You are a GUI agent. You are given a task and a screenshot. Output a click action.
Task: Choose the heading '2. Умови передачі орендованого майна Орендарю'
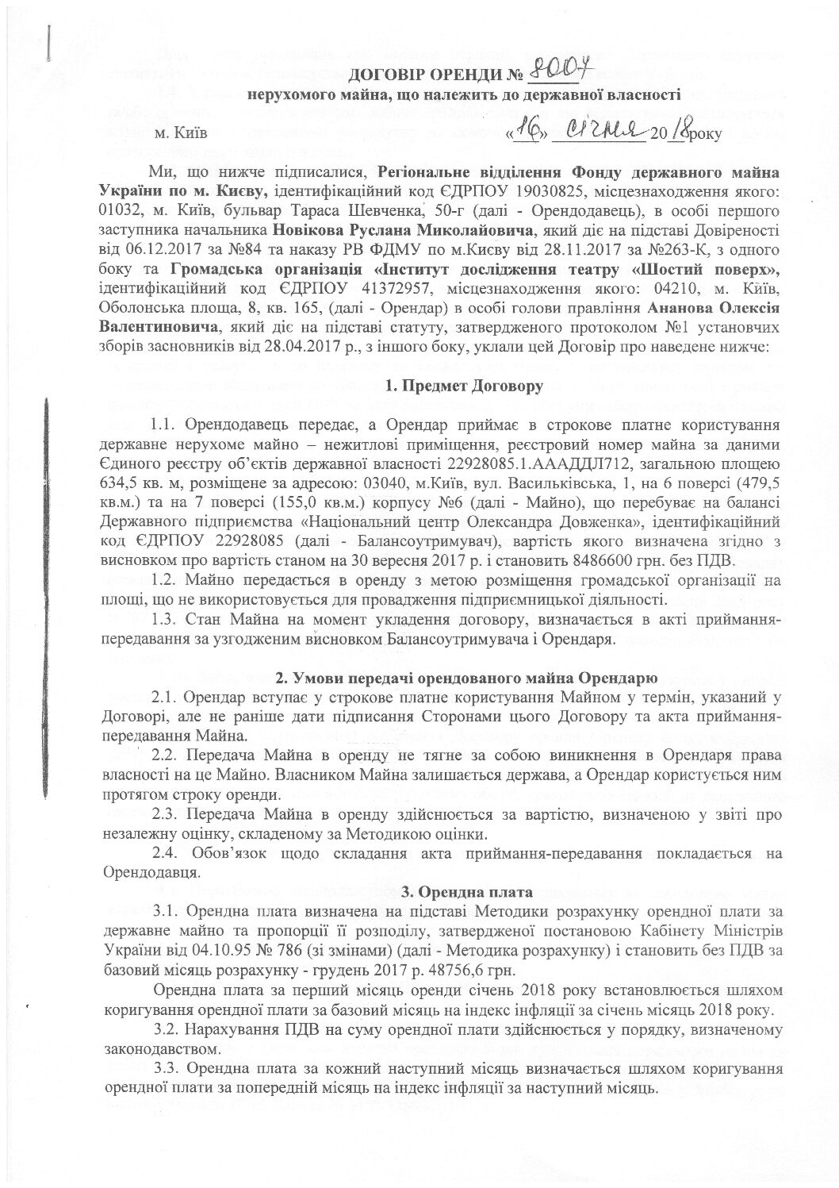click(465, 678)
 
